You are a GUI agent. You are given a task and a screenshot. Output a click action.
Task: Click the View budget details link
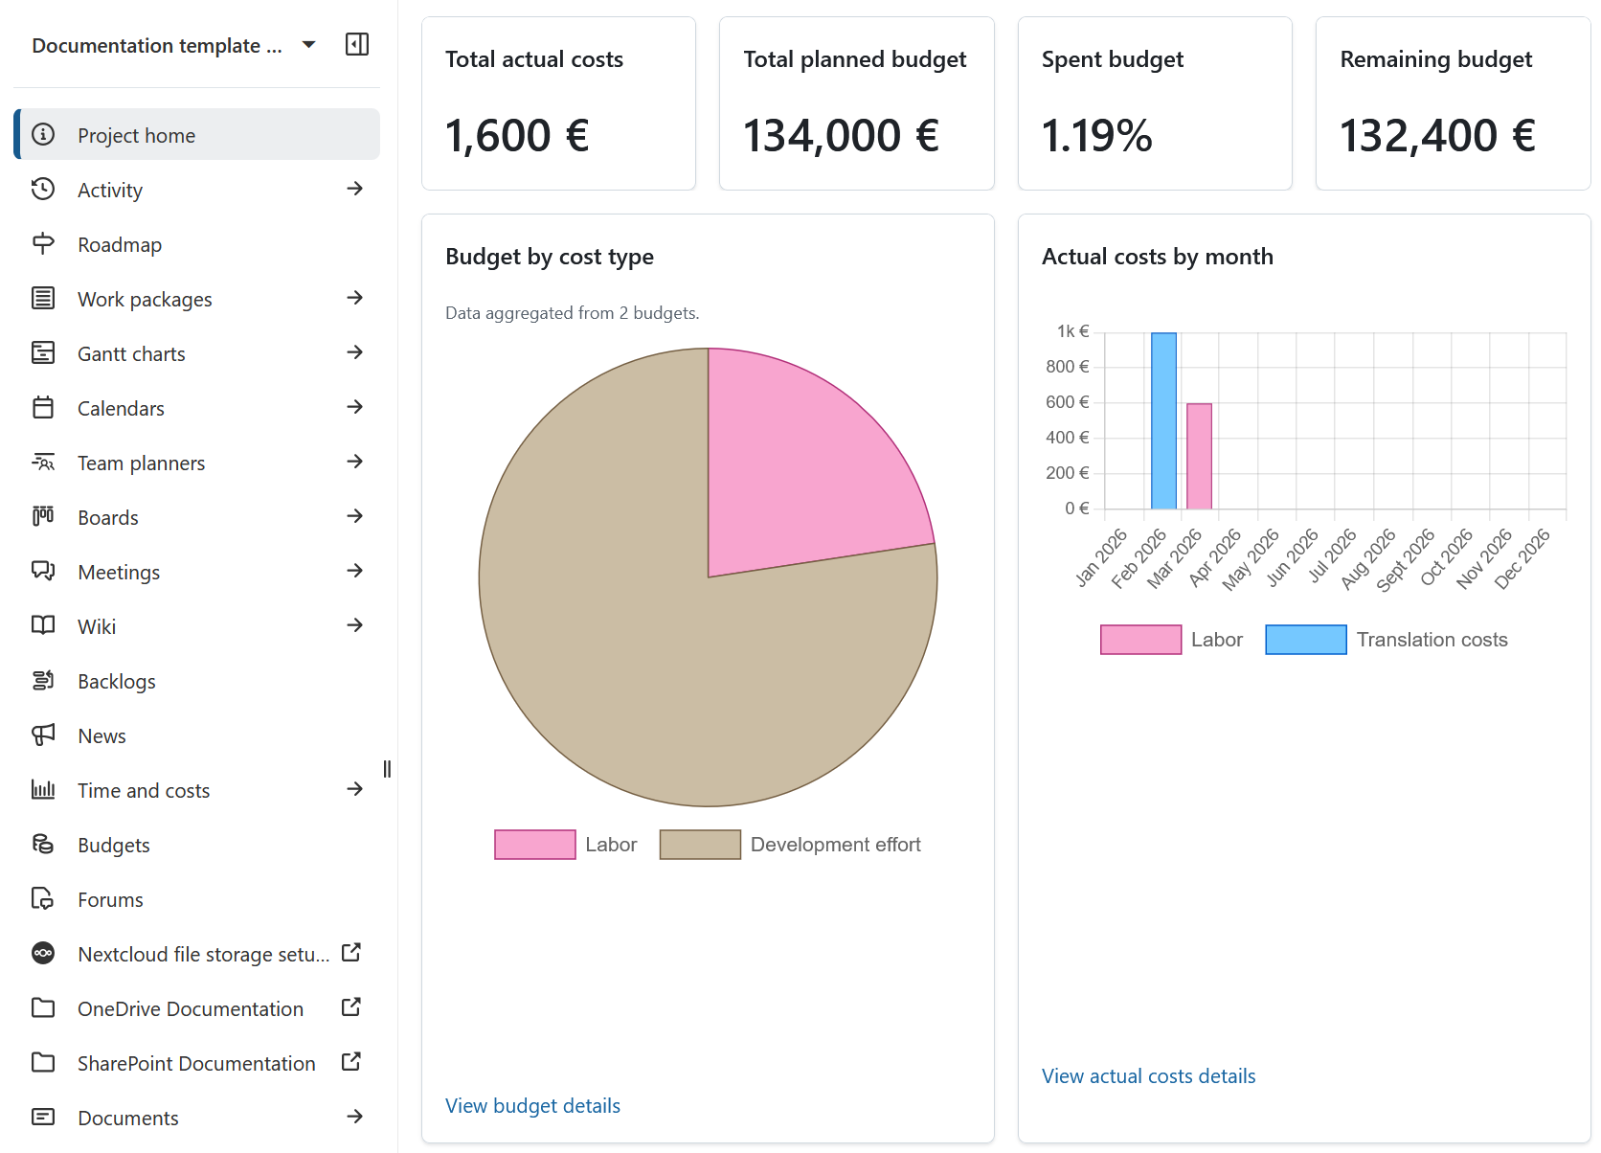(532, 1105)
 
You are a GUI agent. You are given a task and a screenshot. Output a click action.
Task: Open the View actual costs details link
(1148, 1075)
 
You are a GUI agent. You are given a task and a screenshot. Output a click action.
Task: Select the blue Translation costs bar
(1163, 421)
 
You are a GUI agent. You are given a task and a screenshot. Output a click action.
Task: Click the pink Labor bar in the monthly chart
(1199, 457)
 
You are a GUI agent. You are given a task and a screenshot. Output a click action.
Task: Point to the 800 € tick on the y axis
(1067, 367)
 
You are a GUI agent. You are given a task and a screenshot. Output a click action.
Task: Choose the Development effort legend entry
(790, 845)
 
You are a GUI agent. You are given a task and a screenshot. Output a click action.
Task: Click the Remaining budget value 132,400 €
(1436, 136)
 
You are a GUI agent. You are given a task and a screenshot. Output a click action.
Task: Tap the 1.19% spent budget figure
(1096, 136)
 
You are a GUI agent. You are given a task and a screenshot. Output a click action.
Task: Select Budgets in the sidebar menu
(114, 845)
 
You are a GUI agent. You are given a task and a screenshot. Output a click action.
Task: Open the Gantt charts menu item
(131, 353)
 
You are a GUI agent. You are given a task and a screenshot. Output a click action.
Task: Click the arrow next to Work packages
(354, 298)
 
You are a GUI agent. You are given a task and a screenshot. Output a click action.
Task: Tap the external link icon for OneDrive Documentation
(351, 1007)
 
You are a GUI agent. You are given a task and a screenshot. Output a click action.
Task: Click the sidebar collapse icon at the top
(356, 44)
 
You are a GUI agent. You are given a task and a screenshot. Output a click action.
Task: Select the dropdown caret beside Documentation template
(308, 44)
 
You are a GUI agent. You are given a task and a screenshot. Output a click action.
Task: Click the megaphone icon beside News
(43, 735)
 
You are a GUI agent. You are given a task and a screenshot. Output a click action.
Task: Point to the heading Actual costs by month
(1157, 257)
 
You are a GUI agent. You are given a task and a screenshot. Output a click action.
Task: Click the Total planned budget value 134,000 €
(841, 136)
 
